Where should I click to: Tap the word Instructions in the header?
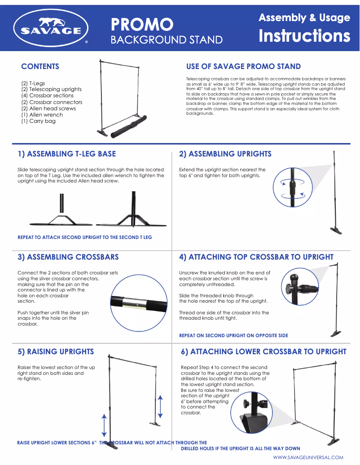[x=304, y=36]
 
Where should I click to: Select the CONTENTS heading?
[x=40, y=66]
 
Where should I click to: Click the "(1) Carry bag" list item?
[x=39, y=121]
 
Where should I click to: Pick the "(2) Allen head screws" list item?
[x=48, y=109]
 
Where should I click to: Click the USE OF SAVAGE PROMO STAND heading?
[x=243, y=66]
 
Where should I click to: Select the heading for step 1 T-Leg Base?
[x=66, y=154]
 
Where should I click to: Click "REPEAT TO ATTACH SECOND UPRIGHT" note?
[x=84, y=237]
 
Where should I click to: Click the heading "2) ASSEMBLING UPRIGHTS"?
[x=225, y=154]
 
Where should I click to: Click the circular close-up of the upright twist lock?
[x=293, y=187]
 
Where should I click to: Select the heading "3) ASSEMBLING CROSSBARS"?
[x=68, y=257]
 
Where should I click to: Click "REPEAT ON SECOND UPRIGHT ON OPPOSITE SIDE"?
[x=233, y=335]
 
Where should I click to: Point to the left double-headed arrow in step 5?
[x=104, y=425]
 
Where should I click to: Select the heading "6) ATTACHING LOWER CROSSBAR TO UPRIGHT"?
[x=263, y=352]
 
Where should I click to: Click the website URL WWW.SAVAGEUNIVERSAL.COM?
[x=308, y=457]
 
